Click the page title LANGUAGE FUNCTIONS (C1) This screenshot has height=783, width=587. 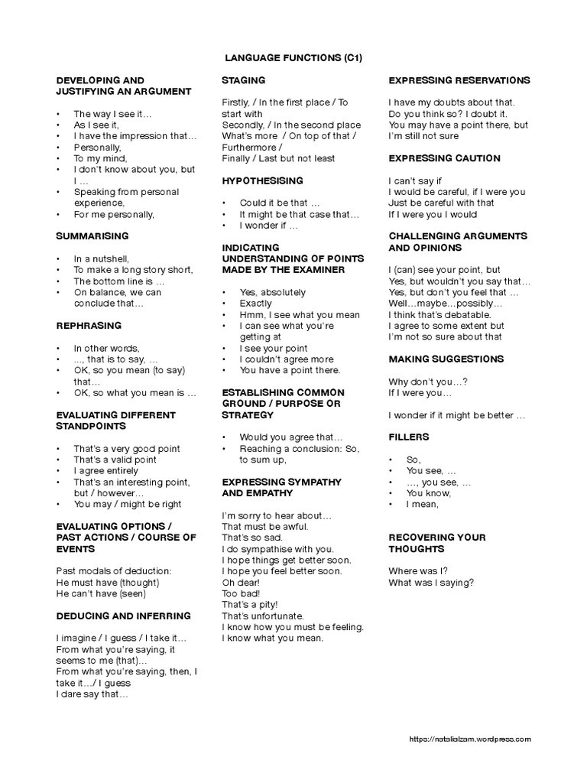pos(293,57)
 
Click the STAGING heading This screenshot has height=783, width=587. pos(243,80)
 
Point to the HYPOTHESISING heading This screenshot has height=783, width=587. pos(262,180)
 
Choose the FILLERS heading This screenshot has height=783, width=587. pos(409,437)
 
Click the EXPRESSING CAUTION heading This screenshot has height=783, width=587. pos(444,158)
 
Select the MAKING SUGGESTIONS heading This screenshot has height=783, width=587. pos(446,359)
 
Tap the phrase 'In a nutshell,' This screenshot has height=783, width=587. pos(101,258)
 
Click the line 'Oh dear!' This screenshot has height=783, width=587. pos(242,583)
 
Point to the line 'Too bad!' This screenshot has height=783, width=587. pos(242,593)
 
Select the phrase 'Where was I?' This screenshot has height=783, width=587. pos(418,571)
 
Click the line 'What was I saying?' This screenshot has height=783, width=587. pos(431,583)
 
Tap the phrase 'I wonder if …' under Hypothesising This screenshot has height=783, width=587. pos(268,226)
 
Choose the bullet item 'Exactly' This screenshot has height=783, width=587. pos(255,304)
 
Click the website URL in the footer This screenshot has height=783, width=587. pos(470,739)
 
